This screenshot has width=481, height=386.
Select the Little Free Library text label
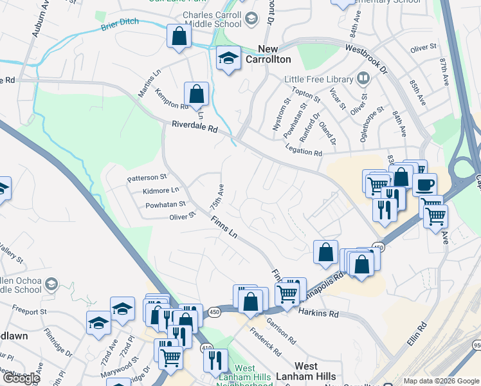[319, 79]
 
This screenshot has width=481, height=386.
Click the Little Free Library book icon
[363, 78]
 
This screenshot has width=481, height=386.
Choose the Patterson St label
[147, 176]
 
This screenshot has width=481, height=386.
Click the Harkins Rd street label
[318, 313]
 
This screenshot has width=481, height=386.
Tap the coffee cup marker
[424, 185]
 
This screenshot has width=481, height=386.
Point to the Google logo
[21, 378]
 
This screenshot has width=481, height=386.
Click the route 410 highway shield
[207, 348]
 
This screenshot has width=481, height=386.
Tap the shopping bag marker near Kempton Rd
[196, 94]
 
